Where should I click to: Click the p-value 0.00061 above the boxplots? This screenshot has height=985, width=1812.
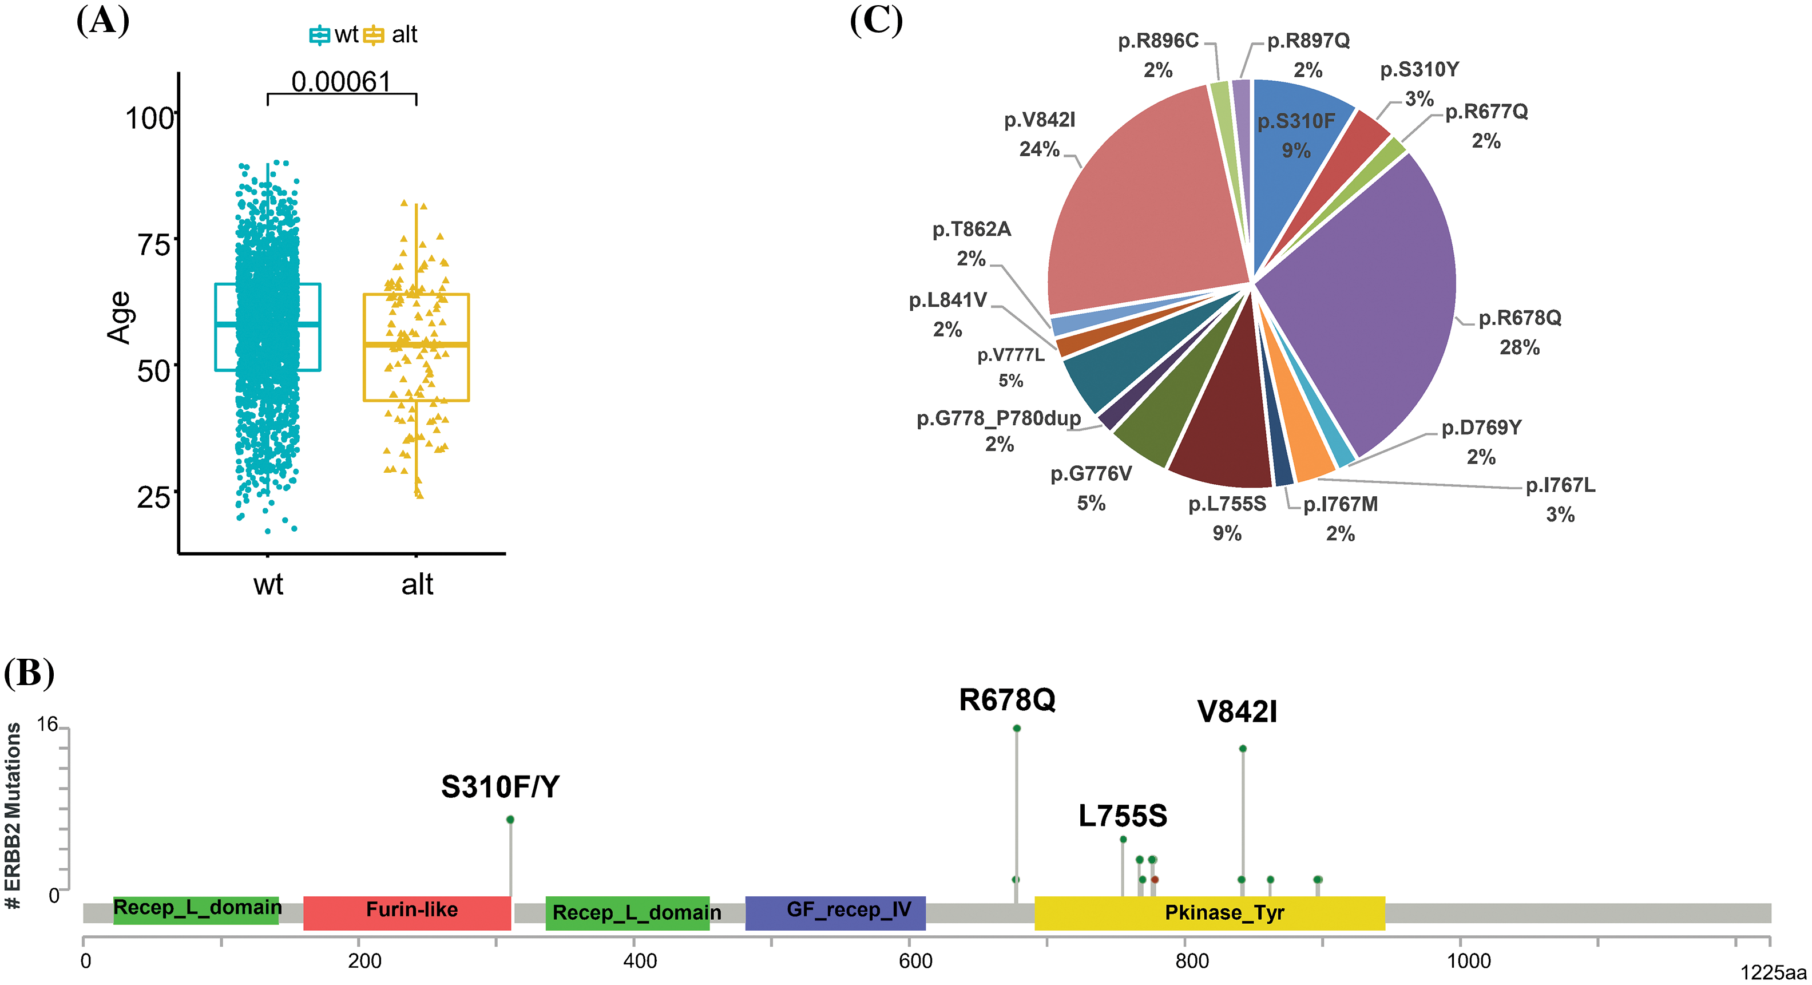click(x=340, y=82)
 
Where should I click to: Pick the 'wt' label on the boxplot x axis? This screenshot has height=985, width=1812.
click(x=268, y=584)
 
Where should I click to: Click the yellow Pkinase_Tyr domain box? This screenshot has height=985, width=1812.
click(x=1210, y=912)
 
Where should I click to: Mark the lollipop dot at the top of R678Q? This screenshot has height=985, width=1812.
click(x=1017, y=728)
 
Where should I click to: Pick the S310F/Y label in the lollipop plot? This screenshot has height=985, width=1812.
click(x=500, y=786)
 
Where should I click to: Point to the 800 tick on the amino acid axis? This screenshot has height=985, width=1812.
click(x=1192, y=960)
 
